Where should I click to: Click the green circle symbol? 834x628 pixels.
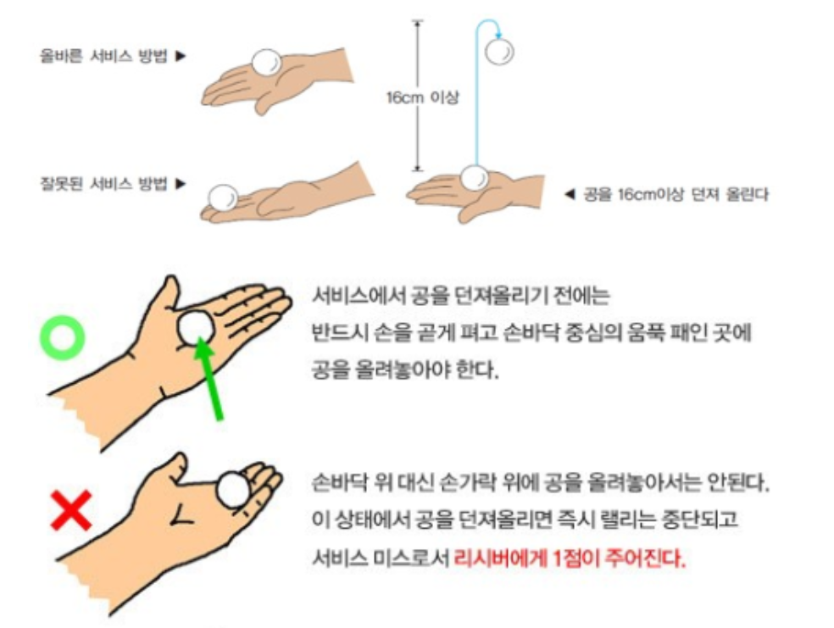pyautogui.click(x=63, y=337)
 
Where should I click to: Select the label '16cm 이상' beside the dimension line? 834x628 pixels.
pyautogui.click(x=422, y=97)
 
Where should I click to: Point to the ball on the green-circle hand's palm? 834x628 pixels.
pyautogui.click(x=197, y=325)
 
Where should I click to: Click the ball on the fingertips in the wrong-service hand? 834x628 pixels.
pyautogui.click(x=223, y=197)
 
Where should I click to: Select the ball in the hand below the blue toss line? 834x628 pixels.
pyautogui.click(x=473, y=178)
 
